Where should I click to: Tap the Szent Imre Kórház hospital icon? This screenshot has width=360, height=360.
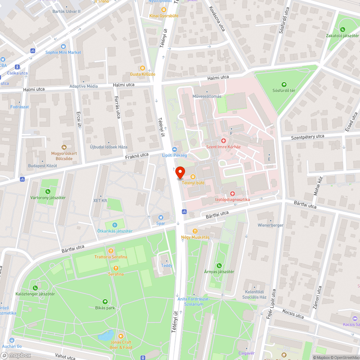click(223, 140)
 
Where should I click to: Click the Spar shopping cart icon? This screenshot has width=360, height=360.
click(161, 217)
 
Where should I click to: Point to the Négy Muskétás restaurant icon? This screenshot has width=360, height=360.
click(195, 231)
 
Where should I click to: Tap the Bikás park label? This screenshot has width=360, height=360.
click(105, 308)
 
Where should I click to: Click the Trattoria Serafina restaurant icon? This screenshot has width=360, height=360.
click(111, 251)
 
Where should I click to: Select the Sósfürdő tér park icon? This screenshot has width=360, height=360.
click(284, 84)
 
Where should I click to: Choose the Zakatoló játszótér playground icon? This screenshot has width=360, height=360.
click(342, 30)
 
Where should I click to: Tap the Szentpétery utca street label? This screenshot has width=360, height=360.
click(307, 137)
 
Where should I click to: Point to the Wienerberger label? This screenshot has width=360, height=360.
click(270, 225)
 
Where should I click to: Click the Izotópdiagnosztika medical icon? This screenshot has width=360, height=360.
click(232, 193)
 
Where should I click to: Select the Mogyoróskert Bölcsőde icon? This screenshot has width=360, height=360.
click(64, 147)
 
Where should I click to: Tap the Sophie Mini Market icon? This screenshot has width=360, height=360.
click(63, 46)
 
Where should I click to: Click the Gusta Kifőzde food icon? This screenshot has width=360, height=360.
click(143, 68)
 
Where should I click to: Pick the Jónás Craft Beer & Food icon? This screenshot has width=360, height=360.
click(121, 336)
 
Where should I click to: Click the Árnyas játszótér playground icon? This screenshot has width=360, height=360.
click(219, 266)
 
